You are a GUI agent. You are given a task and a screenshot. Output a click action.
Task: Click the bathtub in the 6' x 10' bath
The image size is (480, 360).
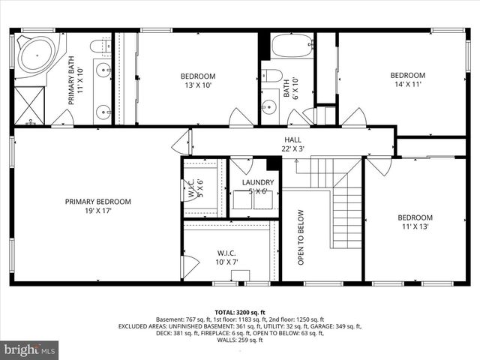(292, 46)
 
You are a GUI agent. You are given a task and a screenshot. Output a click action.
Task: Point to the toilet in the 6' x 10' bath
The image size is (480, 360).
(271, 76)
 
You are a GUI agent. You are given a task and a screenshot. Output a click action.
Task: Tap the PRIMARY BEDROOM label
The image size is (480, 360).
(97, 201)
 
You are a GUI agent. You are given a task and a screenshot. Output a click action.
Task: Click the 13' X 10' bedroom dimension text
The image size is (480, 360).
(198, 85)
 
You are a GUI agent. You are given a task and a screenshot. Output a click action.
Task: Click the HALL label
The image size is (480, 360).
(292, 139)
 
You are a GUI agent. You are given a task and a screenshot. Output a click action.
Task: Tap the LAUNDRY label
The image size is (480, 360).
(256, 182)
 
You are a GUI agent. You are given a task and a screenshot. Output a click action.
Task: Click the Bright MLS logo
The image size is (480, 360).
(30, 349)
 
